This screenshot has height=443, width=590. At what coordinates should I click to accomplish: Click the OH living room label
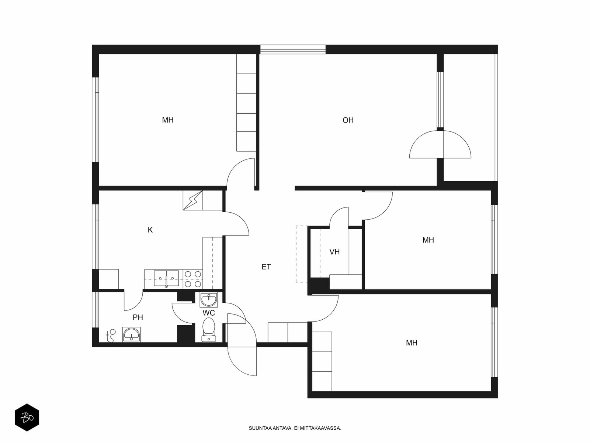(348, 120)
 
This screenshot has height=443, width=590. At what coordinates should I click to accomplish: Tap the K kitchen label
(150, 230)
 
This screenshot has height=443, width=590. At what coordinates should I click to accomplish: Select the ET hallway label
(266, 267)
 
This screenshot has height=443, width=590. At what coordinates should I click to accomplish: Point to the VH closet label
(334, 252)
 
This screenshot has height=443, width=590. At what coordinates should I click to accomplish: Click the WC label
(209, 313)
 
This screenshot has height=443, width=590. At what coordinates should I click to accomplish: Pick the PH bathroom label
(138, 317)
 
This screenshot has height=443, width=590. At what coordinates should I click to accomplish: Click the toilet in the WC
(209, 330)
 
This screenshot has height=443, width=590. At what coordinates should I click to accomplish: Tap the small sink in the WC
(209, 300)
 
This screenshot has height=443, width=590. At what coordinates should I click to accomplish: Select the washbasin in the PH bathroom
(131, 334)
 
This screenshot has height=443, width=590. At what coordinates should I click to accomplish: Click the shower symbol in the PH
(111, 336)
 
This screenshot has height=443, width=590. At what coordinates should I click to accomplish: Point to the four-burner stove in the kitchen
(193, 279)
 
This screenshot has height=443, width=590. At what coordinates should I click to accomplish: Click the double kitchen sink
(166, 279)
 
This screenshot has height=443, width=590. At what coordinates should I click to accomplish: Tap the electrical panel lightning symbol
(193, 200)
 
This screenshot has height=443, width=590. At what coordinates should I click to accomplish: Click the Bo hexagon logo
(27, 418)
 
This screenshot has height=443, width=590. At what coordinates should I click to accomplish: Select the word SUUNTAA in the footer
(260, 428)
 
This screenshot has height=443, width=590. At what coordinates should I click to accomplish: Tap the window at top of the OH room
(293, 49)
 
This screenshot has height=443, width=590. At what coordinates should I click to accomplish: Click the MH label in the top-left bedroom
(168, 120)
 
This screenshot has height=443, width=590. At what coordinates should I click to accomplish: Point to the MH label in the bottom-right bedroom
(412, 343)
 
